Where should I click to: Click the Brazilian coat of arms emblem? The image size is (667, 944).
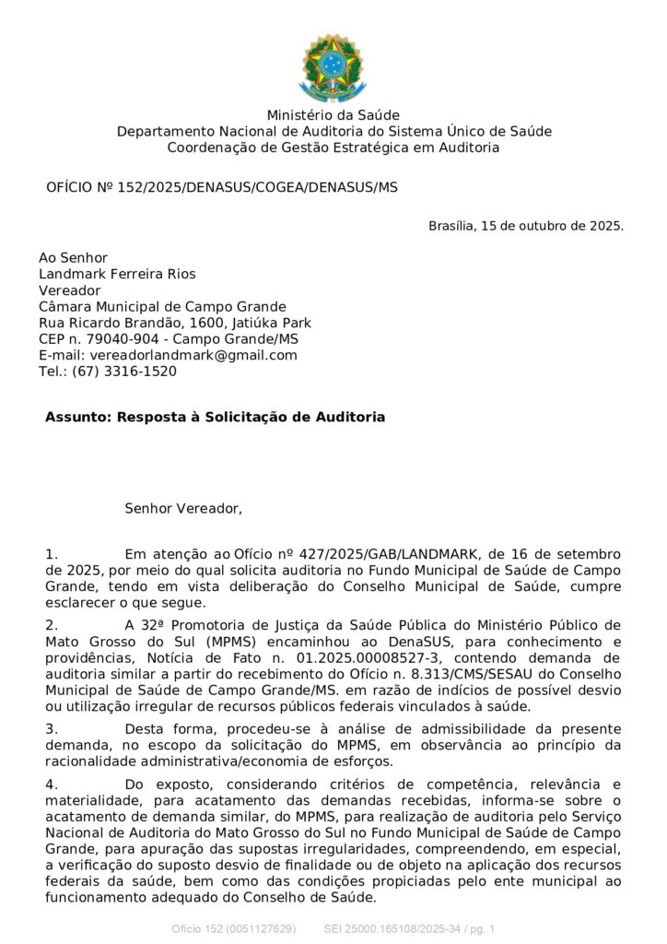[x=333, y=65]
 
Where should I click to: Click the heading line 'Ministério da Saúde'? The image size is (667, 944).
[x=333, y=115]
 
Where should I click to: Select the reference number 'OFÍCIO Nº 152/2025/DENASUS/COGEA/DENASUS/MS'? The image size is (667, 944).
[x=222, y=187]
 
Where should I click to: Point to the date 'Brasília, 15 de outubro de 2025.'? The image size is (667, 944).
[x=526, y=226]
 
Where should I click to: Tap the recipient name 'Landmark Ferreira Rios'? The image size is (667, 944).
[x=117, y=274]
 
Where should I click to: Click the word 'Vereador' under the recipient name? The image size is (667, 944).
[x=69, y=290]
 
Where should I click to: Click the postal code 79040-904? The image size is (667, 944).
[x=124, y=339]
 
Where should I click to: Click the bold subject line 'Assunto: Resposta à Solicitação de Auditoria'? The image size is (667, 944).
[x=215, y=418]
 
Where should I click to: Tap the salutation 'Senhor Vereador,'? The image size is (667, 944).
[x=183, y=508]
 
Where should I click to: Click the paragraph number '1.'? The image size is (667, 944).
[x=52, y=554]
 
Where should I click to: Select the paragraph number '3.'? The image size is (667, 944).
[x=52, y=729]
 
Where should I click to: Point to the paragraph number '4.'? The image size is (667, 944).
[x=52, y=784]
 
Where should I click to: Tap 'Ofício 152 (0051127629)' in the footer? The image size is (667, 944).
[x=233, y=928]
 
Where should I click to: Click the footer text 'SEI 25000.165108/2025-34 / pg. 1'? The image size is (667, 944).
[x=409, y=928]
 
